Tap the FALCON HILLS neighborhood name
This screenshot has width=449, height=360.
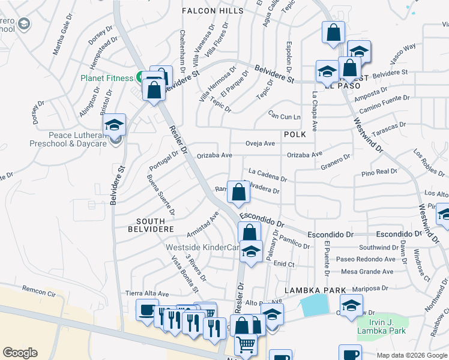[x=214, y=11]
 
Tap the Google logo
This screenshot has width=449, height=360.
[x=20, y=353]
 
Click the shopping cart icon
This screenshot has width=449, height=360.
[x=246, y=344]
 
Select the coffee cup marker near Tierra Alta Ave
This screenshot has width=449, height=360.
[x=147, y=310]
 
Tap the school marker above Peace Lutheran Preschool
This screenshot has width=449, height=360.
[x=114, y=125]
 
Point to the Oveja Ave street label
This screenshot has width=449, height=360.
[x=260, y=143]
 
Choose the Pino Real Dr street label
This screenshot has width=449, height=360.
[x=379, y=172]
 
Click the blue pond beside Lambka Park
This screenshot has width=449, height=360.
[x=315, y=307]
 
